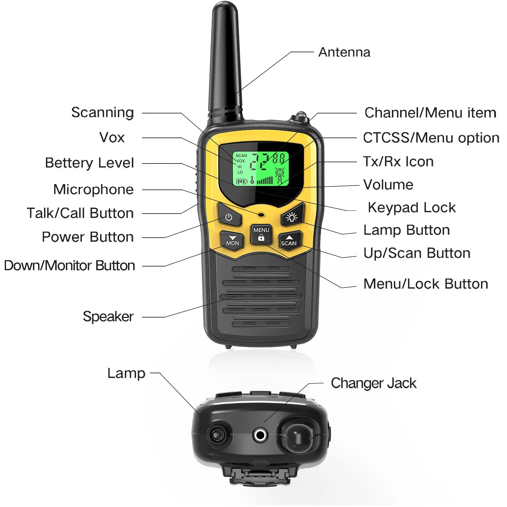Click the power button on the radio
coord(229,217)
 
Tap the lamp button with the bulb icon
coord(292,217)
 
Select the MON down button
coord(232,240)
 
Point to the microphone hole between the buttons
coord(261,215)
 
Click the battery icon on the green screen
coord(241,182)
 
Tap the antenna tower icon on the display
coord(280,176)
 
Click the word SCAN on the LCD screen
coord(241,156)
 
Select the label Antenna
coord(344,52)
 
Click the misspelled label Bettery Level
coord(89,163)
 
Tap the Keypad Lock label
coord(412,208)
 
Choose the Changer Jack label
coord(373,383)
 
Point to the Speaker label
coord(108,316)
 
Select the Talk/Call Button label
coord(80,213)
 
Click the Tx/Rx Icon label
coord(398,162)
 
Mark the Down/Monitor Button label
coord(69,266)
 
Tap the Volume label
coord(388,185)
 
